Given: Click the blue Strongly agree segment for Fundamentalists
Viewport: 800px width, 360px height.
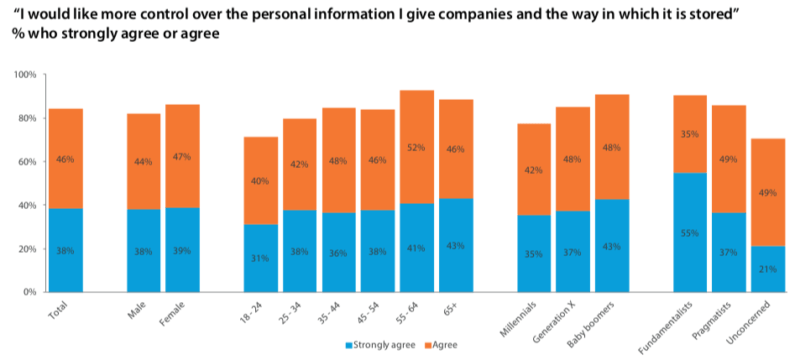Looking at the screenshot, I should [689, 232].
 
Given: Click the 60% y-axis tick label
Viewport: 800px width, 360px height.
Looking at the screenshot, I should [24, 162].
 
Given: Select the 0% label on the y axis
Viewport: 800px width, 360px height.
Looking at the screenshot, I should [27, 292].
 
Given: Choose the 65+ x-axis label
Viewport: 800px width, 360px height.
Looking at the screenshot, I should [454, 306].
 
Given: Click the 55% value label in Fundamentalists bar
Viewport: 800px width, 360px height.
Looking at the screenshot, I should [689, 231].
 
